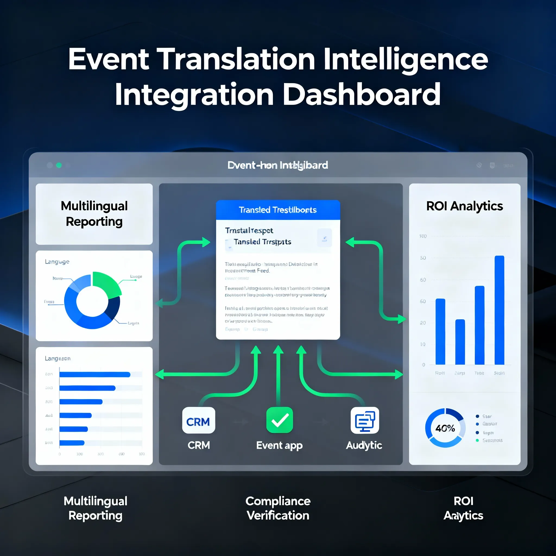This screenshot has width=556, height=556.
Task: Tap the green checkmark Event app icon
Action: [x=279, y=420]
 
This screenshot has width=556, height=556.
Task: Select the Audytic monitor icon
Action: [x=365, y=420]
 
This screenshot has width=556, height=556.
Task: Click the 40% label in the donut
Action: [x=445, y=428]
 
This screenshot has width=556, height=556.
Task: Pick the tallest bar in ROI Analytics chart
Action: [x=499, y=310]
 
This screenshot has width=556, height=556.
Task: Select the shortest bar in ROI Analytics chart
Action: [x=460, y=342]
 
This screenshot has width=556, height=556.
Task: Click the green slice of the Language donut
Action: [x=106, y=283]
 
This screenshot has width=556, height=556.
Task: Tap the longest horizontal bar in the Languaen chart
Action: [x=95, y=374]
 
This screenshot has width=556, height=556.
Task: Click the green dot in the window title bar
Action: [x=59, y=165]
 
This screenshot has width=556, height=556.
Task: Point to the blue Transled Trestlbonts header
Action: [x=278, y=210]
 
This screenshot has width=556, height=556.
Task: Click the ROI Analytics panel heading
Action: [x=464, y=206]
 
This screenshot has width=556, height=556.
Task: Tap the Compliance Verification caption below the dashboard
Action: [x=278, y=508]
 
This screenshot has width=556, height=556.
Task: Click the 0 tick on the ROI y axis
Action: [x=423, y=365]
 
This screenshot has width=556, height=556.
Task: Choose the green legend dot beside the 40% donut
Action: [x=477, y=440]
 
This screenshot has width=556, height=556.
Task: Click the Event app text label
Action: [x=279, y=445]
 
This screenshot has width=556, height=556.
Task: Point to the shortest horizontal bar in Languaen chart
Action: [x=72, y=443]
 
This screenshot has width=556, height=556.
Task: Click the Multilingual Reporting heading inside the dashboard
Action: [x=94, y=214]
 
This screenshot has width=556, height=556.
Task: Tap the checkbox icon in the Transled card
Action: [x=324, y=238]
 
